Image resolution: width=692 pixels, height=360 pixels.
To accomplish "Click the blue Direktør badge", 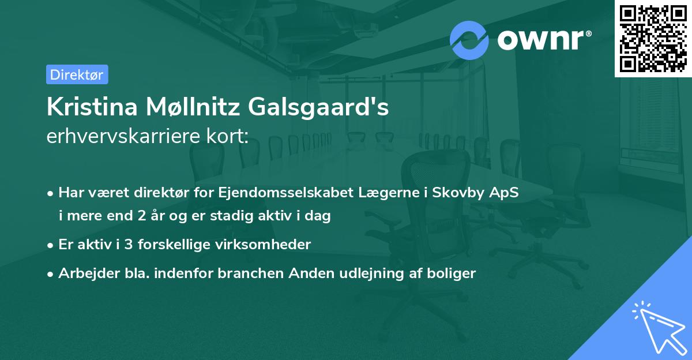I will (77, 74).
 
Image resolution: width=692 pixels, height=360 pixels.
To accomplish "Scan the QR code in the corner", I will (652, 39).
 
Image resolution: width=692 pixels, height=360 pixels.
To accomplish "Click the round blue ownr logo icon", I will (469, 40).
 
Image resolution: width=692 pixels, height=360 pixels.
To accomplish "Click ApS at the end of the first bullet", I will (505, 193).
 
